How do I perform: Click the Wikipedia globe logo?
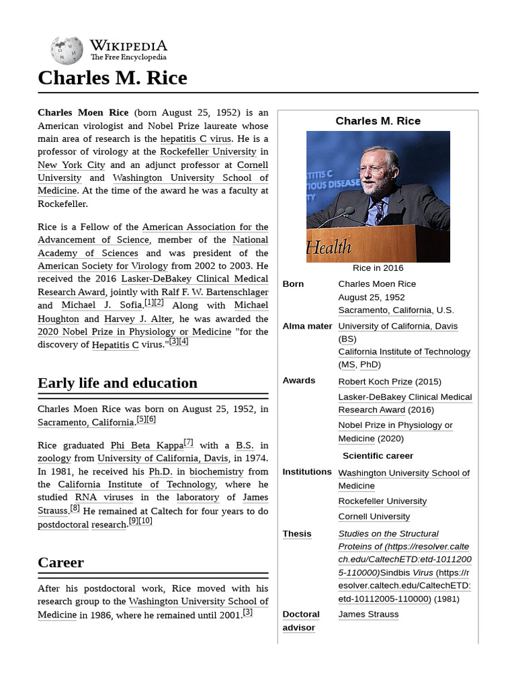(67, 50)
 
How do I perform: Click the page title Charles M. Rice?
(112, 78)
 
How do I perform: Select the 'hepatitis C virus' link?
(196, 138)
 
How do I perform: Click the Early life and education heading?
(118, 383)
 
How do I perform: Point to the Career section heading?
(60, 562)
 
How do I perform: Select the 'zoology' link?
(54, 458)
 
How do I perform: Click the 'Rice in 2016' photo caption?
(378, 268)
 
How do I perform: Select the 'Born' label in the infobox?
(293, 284)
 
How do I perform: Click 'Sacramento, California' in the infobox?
(385, 310)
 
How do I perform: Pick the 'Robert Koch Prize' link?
(375, 382)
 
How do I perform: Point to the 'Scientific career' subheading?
(378, 456)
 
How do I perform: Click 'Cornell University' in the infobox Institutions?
(374, 517)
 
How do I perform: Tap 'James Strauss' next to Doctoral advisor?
(368, 614)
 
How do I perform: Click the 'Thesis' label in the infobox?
(296, 534)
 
